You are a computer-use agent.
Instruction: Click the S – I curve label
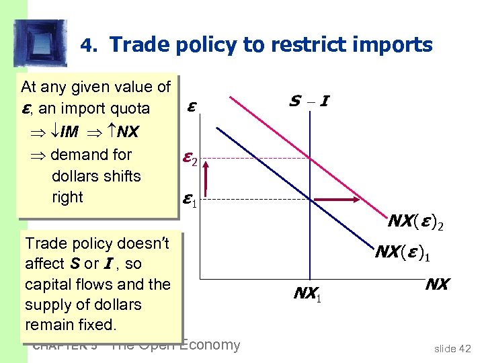(310, 102)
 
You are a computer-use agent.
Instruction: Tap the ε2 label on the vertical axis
(189, 160)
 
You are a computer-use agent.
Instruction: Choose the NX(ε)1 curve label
(403, 253)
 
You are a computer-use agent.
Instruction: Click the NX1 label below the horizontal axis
(309, 293)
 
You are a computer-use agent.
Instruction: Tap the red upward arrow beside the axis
(207, 178)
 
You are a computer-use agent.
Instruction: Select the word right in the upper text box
(67, 198)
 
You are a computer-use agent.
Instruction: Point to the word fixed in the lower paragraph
(97, 325)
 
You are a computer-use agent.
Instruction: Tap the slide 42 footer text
(452, 348)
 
